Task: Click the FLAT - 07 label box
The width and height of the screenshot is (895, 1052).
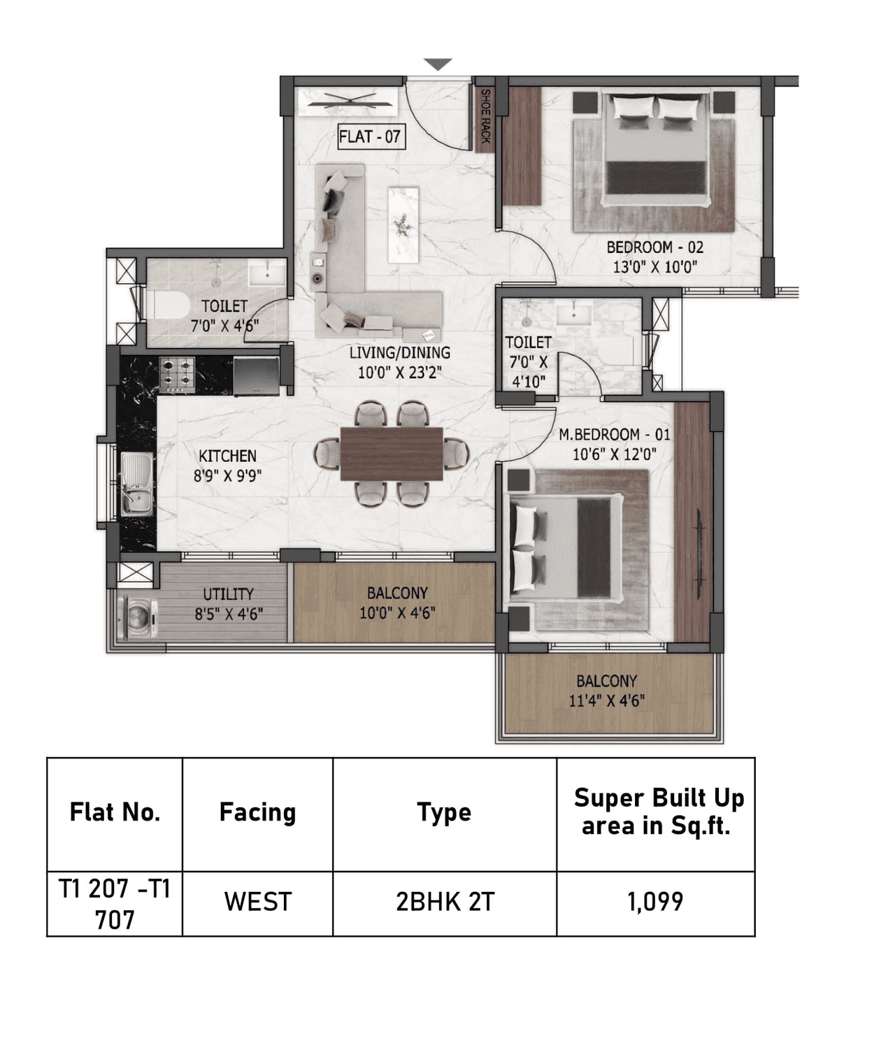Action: click(x=369, y=136)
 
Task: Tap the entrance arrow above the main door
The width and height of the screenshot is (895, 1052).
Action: click(x=438, y=65)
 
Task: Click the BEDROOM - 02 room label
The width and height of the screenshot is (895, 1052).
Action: click(x=654, y=257)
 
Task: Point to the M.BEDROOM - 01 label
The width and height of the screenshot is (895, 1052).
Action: click(x=614, y=444)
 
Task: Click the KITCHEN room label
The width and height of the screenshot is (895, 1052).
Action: click(x=227, y=466)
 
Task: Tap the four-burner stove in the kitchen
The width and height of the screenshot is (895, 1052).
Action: click(x=177, y=373)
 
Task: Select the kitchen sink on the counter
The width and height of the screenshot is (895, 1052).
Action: click(x=136, y=484)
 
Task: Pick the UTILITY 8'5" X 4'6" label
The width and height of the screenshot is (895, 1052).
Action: click(x=228, y=604)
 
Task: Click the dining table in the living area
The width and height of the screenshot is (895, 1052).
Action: click(x=392, y=454)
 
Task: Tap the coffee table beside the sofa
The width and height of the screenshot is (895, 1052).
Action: click(x=403, y=224)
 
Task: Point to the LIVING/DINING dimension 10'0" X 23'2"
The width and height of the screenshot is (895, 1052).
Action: click(x=399, y=373)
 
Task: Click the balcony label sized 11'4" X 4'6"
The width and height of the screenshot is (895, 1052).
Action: click(x=606, y=691)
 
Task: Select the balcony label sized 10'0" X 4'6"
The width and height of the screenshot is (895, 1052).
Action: click(x=397, y=603)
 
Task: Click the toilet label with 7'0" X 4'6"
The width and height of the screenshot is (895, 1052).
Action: click(x=224, y=316)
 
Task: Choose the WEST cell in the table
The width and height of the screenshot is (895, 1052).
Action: click(x=257, y=902)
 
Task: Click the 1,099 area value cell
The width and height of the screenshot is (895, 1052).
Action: click(x=655, y=902)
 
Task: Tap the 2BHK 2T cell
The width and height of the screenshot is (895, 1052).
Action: click(x=445, y=902)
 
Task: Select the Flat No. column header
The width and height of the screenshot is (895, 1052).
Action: click(x=115, y=813)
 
